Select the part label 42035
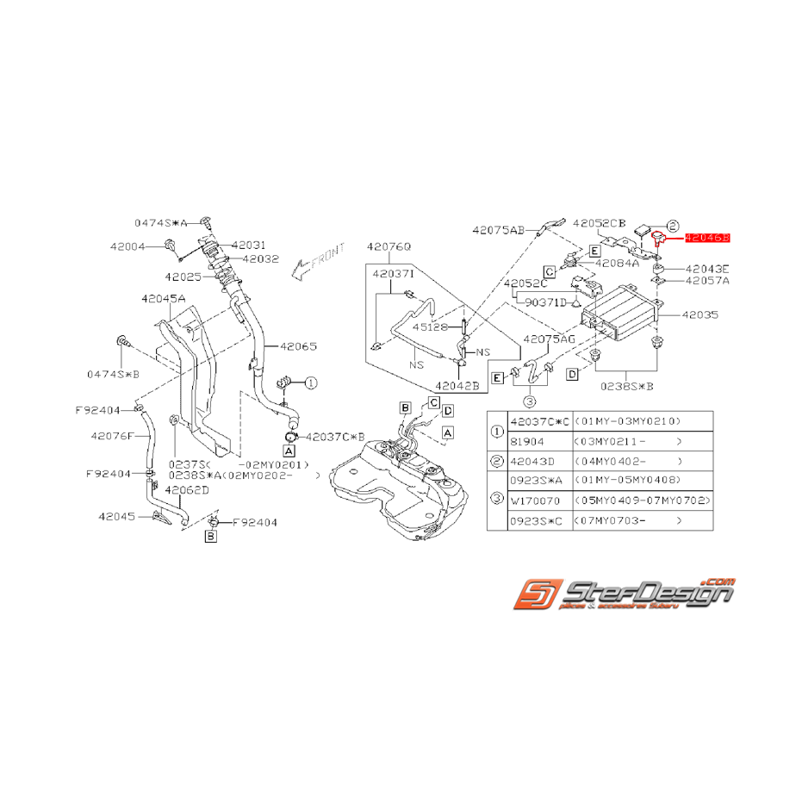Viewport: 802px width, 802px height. (x=699, y=316)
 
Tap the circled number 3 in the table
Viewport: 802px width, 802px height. (x=497, y=500)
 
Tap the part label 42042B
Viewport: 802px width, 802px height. (x=457, y=386)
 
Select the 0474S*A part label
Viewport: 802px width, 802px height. (x=160, y=221)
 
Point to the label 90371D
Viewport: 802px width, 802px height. (x=540, y=302)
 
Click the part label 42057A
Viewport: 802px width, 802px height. (x=707, y=280)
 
